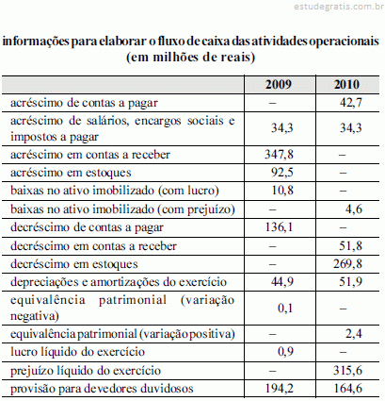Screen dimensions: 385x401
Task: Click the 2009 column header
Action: click(279, 85)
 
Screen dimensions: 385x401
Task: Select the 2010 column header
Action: click(346, 85)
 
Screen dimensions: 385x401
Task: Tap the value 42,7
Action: click(351, 103)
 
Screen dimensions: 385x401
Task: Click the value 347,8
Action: click(279, 155)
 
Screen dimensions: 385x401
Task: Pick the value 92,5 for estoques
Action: click(282, 173)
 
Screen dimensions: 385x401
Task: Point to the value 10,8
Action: click(282, 191)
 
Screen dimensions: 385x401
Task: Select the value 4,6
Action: click(354, 209)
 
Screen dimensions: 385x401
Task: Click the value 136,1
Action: click(279, 227)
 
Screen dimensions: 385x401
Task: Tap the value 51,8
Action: click(351, 245)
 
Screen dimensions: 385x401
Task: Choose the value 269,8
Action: click(347, 263)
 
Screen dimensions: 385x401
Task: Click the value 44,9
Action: click(282, 281)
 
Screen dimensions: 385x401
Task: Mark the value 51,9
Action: click(351, 281)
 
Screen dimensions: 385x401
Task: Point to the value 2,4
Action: click(354, 333)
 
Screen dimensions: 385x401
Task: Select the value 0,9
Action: click(285, 351)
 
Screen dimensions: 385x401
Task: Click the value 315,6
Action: click(347, 370)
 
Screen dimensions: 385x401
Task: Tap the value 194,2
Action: click(280, 389)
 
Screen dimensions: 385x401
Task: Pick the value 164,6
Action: click(347, 389)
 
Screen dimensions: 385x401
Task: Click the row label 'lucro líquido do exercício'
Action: click(77, 352)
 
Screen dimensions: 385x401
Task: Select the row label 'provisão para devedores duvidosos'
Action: click(102, 389)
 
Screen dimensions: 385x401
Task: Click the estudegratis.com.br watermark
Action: click(339, 7)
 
